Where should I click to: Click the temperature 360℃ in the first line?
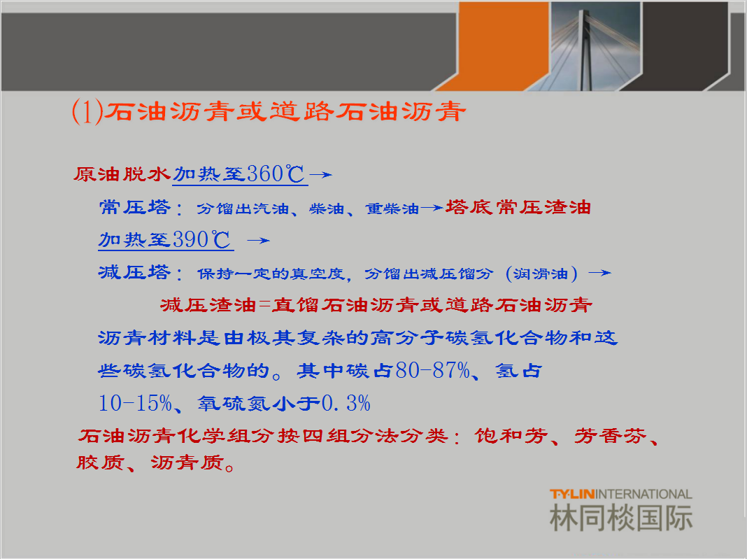click(276, 174)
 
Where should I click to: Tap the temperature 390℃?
click(201, 240)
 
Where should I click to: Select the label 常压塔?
click(134, 207)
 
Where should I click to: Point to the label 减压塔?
click(134, 272)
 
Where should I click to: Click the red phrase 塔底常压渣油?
click(518, 207)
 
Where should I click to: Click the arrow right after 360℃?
click(321, 175)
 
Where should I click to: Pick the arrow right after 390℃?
click(259, 241)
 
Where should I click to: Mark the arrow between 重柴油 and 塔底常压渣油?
click(432, 208)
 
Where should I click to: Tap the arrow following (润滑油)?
click(600, 273)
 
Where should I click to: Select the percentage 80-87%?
click(432, 370)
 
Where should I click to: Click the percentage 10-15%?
click(135, 403)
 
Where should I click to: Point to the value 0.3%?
click(346, 403)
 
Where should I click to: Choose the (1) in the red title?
click(87, 111)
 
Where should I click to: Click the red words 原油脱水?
click(122, 174)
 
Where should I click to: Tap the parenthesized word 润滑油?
click(541, 274)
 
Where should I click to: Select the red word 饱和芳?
click(511, 436)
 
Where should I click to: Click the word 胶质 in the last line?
click(101, 462)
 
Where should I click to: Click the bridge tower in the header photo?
click(585, 50)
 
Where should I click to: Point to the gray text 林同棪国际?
click(621, 518)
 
